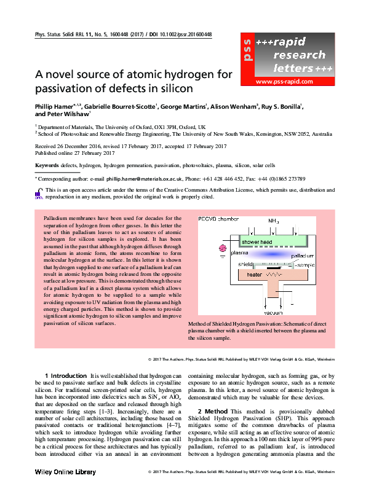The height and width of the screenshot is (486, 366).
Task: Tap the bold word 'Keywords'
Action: pos(47,166)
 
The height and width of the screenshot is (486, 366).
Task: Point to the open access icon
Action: pos(39,194)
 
